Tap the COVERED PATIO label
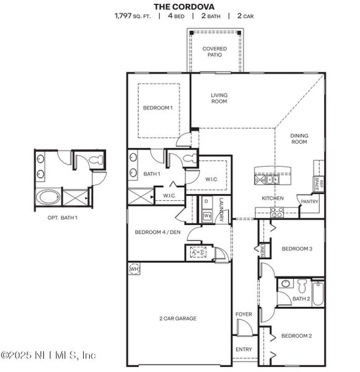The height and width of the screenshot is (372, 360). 215,51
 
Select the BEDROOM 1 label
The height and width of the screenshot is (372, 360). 158,108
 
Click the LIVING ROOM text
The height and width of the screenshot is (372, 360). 219,99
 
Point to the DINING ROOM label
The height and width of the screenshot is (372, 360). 299,139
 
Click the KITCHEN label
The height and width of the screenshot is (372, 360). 272,198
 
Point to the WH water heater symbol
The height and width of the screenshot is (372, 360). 134,269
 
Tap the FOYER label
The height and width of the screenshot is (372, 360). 244,314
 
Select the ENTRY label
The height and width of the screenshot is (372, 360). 244,350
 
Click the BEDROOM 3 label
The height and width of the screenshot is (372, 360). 297,249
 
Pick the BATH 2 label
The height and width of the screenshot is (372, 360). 301,299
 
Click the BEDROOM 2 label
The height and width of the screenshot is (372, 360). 296,336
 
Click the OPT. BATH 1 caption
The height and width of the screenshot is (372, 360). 63,218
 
